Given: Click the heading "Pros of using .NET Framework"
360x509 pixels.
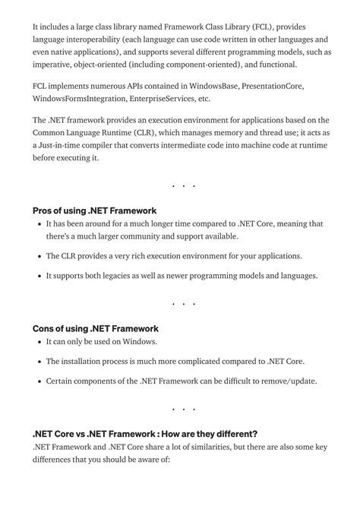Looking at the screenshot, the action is pos(95,210).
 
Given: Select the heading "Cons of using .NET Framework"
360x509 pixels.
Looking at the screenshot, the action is pos(96,329).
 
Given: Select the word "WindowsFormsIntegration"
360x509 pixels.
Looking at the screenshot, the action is pos(80,99).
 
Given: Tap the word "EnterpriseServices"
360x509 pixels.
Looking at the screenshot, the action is pos(163,99).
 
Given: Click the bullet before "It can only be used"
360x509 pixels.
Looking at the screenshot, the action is pos(39,342).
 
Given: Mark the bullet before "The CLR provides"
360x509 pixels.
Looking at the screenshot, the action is pos(39,257).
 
